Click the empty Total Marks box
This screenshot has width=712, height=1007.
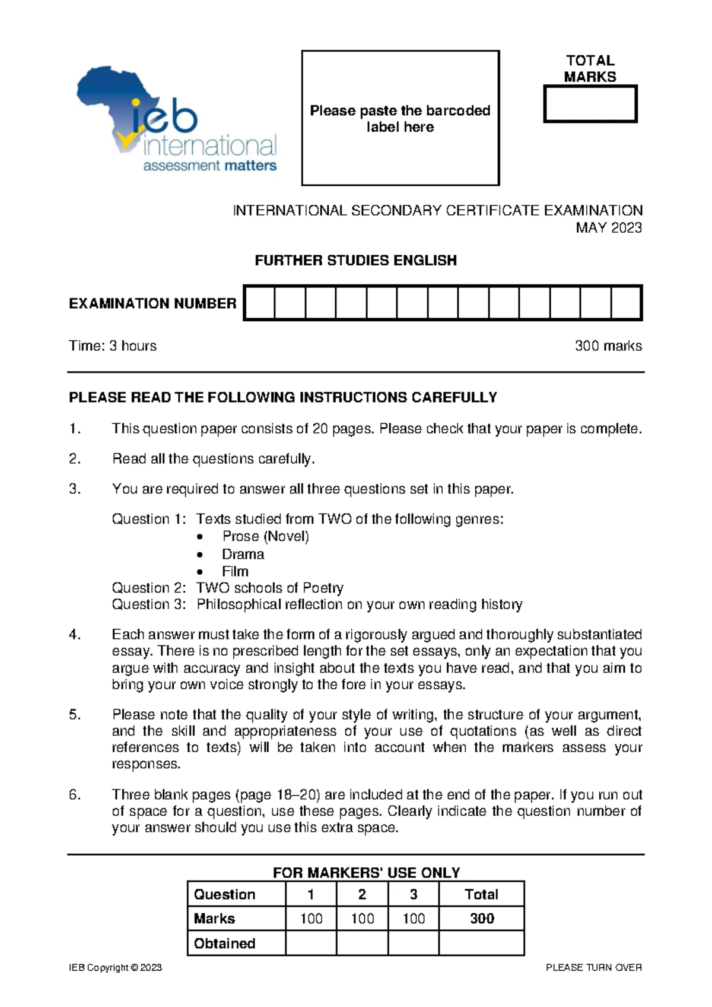tap(590, 104)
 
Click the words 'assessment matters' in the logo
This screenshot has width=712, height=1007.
tap(209, 166)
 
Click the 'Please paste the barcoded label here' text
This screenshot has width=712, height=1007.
tap(400, 119)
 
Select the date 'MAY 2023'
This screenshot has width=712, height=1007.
tap(609, 227)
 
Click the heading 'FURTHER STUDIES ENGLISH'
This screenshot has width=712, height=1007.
tap(355, 260)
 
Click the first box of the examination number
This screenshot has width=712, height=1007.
tap(260, 303)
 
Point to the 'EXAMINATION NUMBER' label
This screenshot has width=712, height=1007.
tap(152, 303)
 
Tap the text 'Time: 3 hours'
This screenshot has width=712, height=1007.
tap(113, 346)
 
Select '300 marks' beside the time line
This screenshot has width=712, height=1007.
tap(608, 346)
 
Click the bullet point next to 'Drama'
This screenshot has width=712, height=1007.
tap(201, 555)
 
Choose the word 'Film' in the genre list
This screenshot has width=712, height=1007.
tap(235, 571)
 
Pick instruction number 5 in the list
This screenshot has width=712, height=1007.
tap(75, 714)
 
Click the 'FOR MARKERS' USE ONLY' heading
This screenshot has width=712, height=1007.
tap(366, 872)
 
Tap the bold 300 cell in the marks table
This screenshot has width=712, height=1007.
tap(482, 919)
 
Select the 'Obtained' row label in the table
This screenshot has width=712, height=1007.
tap(224, 943)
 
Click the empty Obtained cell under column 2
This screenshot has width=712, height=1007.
tap(362, 943)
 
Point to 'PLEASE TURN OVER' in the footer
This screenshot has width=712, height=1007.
tap(593, 967)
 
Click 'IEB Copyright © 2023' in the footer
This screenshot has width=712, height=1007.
tap(115, 967)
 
